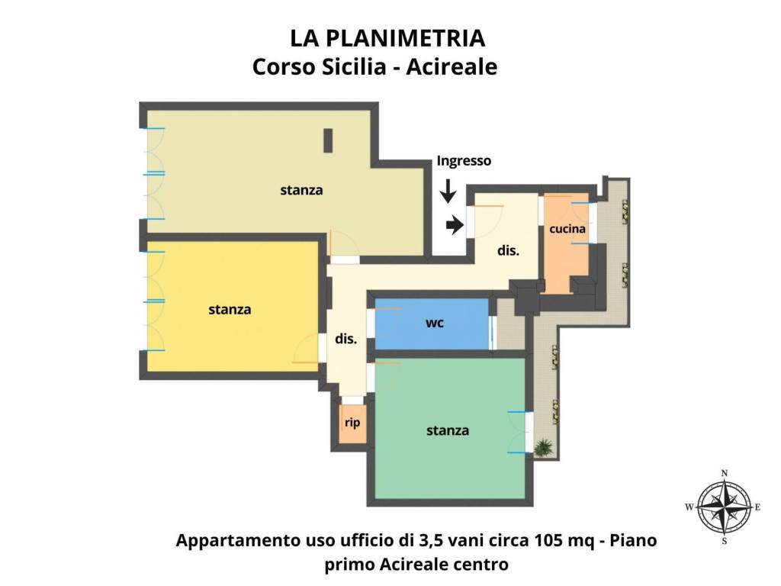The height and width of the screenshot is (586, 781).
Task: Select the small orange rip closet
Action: [352, 424]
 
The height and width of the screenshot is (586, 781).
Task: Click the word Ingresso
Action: [464, 161]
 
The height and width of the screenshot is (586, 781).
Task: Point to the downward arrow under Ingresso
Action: [448, 192]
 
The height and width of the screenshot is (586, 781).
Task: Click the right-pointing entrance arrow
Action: [454, 224]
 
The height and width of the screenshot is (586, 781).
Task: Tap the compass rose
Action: [724, 507]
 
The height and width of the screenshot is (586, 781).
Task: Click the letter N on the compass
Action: [725, 473]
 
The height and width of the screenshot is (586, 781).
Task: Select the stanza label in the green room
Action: [448, 431]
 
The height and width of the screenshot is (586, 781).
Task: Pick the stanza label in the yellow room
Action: [230, 310]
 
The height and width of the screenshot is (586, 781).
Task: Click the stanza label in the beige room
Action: [301, 190]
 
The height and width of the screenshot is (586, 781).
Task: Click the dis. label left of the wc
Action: [346, 340]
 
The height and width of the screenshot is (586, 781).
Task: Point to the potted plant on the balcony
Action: [544, 447]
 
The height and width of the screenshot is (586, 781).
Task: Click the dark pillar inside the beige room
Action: [328, 140]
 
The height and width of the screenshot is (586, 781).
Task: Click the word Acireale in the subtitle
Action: [452, 67]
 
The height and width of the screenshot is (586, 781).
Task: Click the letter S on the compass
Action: [725, 541]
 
